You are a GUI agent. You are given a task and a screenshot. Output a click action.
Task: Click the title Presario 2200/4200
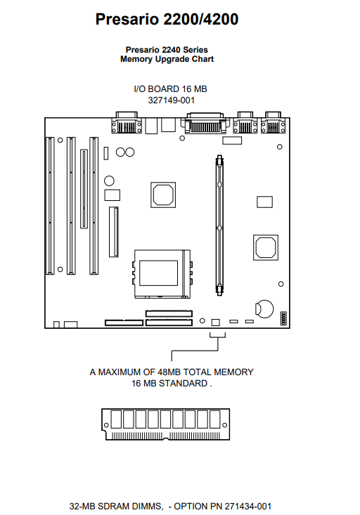coord(167,19)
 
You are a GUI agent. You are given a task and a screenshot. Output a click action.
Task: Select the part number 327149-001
coord(172,100)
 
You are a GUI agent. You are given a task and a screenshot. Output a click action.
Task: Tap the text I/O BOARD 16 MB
coord(170,89)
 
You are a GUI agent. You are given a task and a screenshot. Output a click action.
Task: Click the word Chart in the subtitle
coord(202,59)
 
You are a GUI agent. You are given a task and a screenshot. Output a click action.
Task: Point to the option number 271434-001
coord(247,506)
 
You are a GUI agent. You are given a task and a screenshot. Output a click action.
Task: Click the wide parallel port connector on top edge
coord(205,123)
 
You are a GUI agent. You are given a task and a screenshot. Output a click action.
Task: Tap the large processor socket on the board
coord(162,274)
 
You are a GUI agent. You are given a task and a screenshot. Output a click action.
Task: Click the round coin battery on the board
coord(264,308)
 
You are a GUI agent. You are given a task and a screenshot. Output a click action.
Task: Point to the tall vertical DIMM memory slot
coord(219,226)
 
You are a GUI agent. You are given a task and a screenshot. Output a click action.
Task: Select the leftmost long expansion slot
coord(50,206)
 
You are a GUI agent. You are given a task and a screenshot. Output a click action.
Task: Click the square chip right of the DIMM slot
coord(266,247)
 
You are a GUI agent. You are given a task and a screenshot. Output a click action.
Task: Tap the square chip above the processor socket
coord(163,195)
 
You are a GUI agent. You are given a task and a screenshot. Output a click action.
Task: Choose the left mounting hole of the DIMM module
coord(106,425)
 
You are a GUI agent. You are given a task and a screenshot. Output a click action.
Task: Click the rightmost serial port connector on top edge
coord(273,123)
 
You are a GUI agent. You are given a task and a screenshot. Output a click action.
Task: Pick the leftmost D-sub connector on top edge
coord(127,122)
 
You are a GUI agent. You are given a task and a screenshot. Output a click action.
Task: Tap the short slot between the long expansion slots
coord(84,188)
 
